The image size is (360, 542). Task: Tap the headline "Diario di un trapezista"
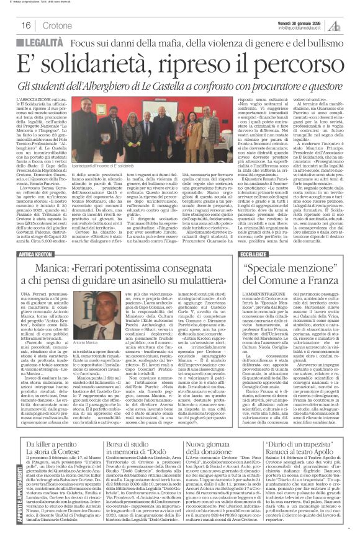tap(301, 445)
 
